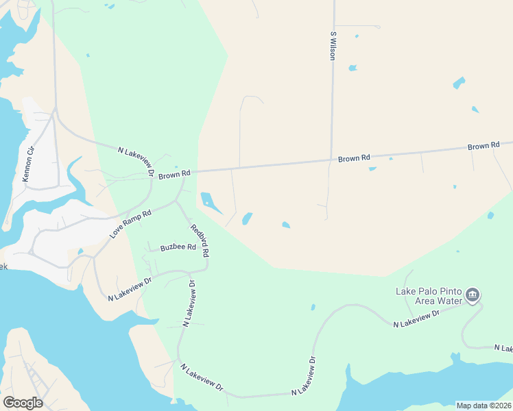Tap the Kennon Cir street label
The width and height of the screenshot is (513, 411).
coord(28,165)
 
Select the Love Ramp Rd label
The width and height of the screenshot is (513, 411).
coord(130,225)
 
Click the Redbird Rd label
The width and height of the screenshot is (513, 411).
coord(200,240)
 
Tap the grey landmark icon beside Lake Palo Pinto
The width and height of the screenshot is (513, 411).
coord(472,295)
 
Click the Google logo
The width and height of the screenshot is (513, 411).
coord(23,403)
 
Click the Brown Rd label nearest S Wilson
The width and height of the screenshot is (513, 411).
coord(354,159)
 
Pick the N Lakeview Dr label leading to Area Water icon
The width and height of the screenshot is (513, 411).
coord(416,319)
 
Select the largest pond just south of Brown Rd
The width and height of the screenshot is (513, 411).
coord(210,202)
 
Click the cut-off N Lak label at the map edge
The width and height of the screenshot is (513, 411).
coord(503,349)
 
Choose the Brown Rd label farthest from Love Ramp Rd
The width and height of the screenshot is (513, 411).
coord(484,147)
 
